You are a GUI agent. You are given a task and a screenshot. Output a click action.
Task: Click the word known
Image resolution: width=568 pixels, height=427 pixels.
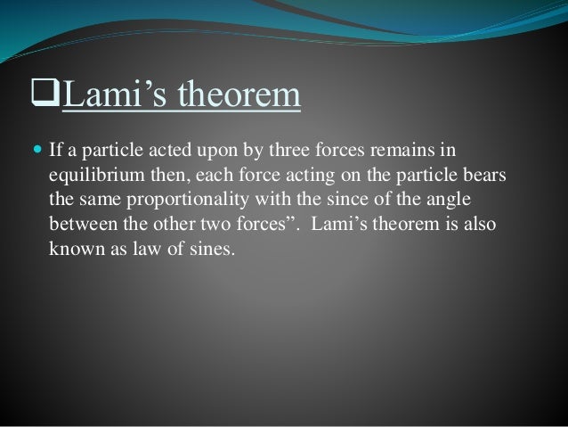tap(73, 248)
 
